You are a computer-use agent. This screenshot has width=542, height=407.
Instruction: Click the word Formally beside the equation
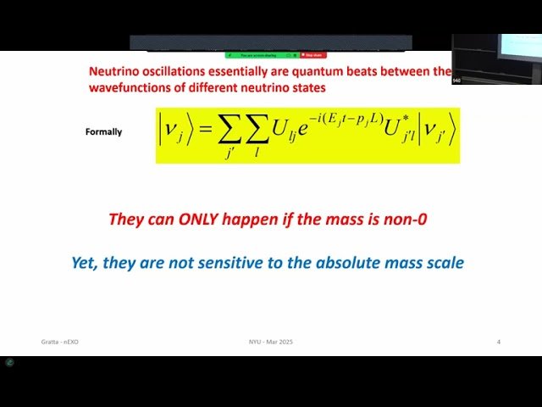click(x=103, y=132)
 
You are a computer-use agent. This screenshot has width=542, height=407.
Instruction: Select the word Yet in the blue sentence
click(x=85, y=263)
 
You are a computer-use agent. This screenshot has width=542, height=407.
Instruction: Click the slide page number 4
click(x=498, y=342)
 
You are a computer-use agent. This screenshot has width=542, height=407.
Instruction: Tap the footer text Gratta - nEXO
click(x=59, y=342)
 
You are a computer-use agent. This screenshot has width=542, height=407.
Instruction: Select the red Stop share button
click(x=312, y=55)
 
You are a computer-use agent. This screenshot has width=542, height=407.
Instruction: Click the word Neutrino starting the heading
click(x=116, y=72)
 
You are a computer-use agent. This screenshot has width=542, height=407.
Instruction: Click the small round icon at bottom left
click(x=9, y=362)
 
